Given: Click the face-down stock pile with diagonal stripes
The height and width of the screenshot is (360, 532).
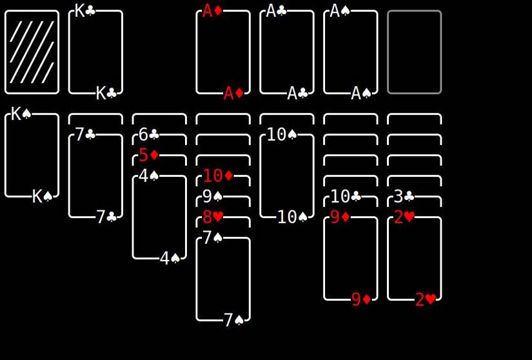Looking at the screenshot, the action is tap(32, 52).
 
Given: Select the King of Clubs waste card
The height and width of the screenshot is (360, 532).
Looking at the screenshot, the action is tap(95, 52).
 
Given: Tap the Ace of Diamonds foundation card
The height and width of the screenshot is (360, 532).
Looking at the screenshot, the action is tap(223, 52).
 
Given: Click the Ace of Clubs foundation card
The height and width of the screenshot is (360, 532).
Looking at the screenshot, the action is tap(287, 52).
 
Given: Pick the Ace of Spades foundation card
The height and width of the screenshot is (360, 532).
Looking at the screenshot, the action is tap(351, 52).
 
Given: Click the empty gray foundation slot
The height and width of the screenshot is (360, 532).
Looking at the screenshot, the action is tap(415, 52).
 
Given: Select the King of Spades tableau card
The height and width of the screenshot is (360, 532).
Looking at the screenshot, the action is tap(32, 155).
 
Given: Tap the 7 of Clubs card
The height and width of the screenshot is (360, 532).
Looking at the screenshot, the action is tap(95, 175).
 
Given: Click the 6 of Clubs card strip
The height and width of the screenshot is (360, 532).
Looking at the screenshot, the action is tap(159, 139).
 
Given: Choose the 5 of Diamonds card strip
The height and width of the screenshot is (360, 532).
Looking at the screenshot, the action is tap(159, 160).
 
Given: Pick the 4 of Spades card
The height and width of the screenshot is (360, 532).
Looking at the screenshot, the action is tap(159, 217).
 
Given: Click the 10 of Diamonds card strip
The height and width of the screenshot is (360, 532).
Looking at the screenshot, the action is tap(223, 181).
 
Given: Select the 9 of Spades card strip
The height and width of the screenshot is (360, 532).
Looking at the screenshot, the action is tap(223, 201).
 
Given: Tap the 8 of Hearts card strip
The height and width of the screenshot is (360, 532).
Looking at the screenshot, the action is tap(223, 222).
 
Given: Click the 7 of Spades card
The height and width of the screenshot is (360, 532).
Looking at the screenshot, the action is tap(223, 279).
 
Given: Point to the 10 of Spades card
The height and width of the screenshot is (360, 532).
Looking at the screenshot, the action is tap(287, 175).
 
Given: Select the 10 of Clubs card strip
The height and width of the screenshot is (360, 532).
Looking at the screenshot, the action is tap(351, 201).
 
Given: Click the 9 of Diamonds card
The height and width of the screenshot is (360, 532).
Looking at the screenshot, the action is tap(351, 259).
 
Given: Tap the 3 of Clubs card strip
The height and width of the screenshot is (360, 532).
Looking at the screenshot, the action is tap(415, 201).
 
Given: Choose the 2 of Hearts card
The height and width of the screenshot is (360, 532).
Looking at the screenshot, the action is tap(415, 259).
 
